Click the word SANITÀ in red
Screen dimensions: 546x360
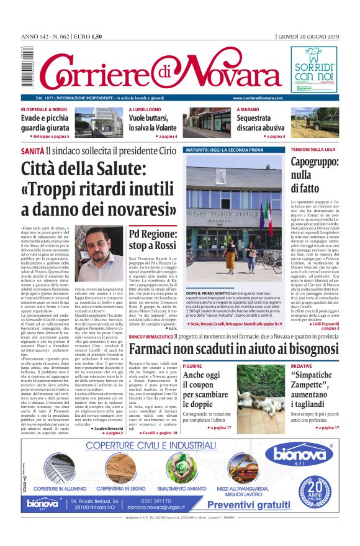(32, 151)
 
